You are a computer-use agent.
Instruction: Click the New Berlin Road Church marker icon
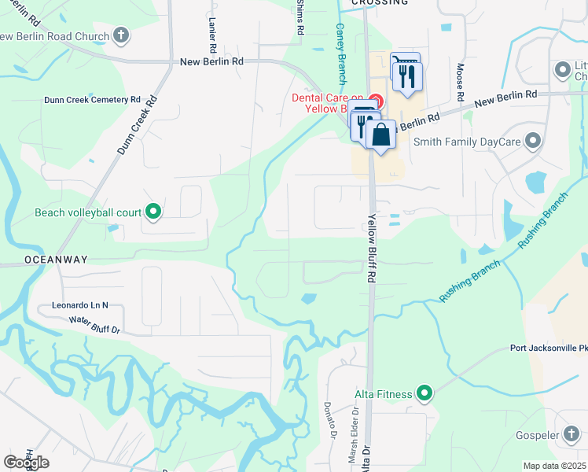[120, 35]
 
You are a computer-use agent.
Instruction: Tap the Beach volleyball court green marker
[154, 212]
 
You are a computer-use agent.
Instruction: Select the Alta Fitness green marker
[425, 393]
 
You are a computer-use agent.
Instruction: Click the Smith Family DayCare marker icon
[534, 142]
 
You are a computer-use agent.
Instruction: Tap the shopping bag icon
[380, 135]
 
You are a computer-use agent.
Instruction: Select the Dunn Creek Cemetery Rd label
[91, 100]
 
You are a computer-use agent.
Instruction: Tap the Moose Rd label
[461, 83]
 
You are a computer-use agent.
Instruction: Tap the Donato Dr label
[329, 421]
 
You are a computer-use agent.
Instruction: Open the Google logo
[26, 463]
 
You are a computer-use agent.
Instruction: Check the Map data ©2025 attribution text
[554, 466]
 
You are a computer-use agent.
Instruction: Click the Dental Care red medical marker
[376, 101]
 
